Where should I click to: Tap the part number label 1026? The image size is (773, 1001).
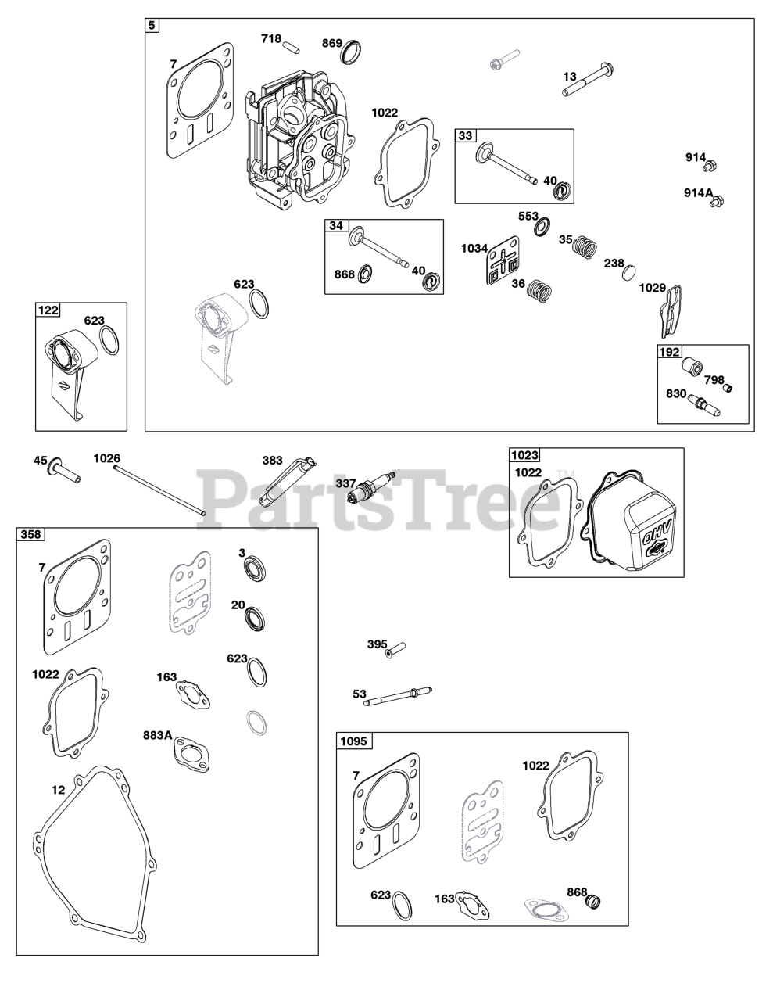click(107, 457)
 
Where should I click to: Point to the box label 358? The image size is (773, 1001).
click(31, 535)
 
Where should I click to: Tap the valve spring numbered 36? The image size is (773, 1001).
click(537, 292)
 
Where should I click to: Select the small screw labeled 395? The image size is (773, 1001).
click(396, 648)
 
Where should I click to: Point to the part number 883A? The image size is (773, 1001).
click(157, 735)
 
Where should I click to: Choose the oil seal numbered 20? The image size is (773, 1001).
click(257, 618)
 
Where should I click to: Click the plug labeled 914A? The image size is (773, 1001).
click(714, 202)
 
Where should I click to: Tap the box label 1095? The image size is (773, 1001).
click(355, 740)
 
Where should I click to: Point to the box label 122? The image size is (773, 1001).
click(48, 310)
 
